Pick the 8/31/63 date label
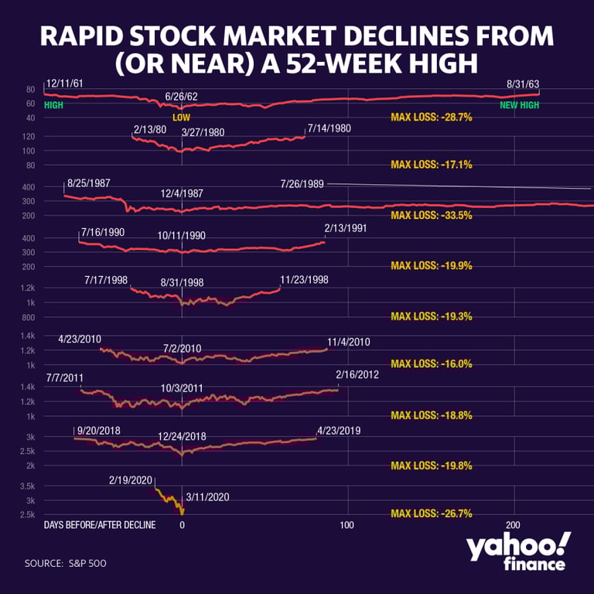coord(522,83)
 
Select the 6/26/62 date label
coord(181,97)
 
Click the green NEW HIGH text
coord(519,104)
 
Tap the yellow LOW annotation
coord(181,118)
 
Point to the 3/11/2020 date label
coord(208,497)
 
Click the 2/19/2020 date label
coord(131,480)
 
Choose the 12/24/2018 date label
coord(182,437)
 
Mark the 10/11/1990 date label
coord(182,235)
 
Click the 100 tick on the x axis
coord(348,525)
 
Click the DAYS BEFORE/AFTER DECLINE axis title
coord(100,525)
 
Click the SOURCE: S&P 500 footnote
coord(66,563)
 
